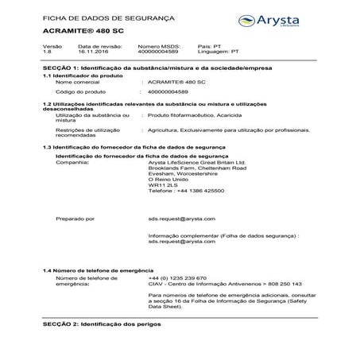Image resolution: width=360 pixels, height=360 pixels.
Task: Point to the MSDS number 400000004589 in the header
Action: pyautogui.click(x=160, y=54)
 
